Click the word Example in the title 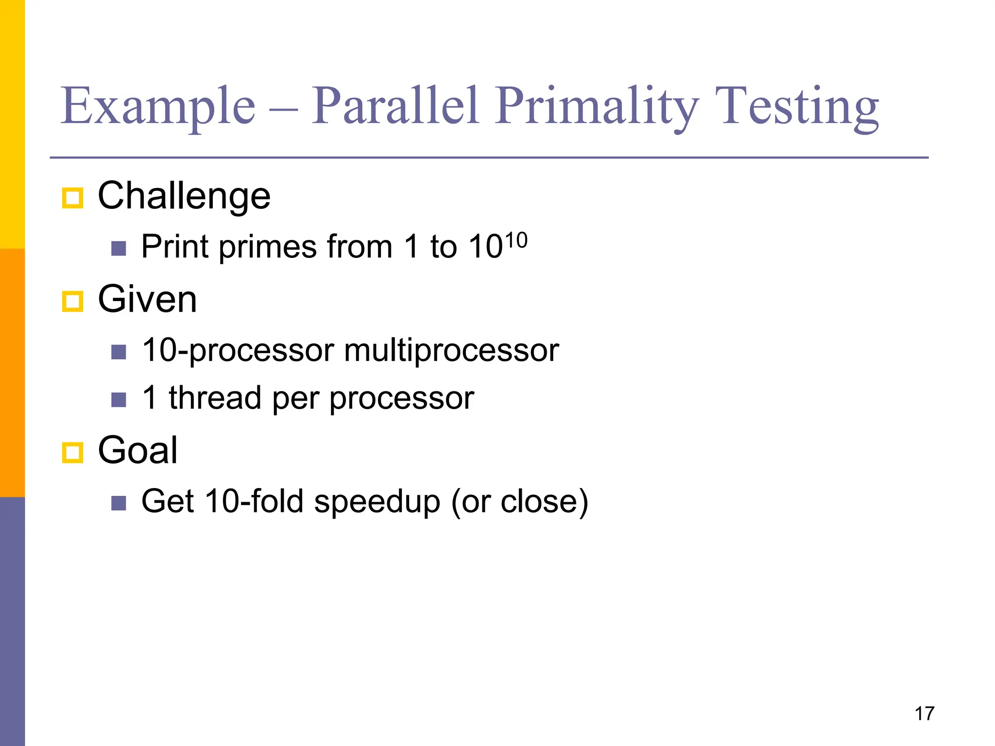click(158, 105)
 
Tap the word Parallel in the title click(395, 105)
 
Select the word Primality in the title click(597, 105)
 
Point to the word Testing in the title click(800, 105)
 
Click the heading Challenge click(184, 196)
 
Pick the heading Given click(147, 299)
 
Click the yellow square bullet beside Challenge click(73, 198)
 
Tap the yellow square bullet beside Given click(73, 302)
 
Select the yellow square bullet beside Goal click(73, 453)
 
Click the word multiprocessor click(451, 350)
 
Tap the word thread click(215, 398)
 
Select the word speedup click(377, 501)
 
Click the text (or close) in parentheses click(519, 501)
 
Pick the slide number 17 click(924, 713)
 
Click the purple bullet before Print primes click(119, 249)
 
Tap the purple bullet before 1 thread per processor click(119, 400)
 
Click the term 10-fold click(254, 501)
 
